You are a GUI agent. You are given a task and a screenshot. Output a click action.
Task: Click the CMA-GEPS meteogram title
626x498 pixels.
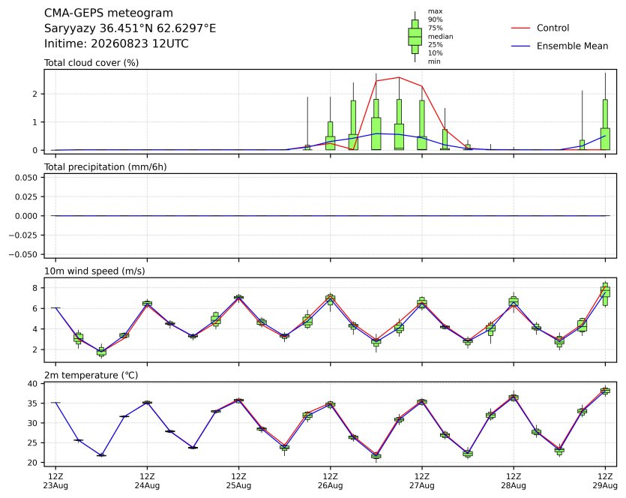(109, 13)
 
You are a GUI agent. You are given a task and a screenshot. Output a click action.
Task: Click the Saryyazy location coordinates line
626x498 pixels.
(130, 28)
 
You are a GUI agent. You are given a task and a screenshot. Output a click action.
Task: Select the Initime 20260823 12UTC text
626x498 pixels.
(116, 43)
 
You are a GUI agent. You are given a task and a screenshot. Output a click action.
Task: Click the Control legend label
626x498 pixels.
(553, 28)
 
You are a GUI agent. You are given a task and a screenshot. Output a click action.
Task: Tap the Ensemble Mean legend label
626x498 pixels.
(572, 46)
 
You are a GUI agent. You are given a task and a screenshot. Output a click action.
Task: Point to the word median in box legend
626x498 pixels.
(440, 36)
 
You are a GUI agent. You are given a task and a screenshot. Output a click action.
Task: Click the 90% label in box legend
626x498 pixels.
(435, 19)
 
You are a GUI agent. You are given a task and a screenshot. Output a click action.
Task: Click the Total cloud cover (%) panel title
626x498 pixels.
(91, 63)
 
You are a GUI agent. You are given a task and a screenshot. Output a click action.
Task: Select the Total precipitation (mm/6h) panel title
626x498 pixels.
(105, 167)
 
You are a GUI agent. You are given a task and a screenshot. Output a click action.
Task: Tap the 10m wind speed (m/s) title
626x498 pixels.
(94, 271)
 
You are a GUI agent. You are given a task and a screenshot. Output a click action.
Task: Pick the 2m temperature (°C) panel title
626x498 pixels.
(91, 376)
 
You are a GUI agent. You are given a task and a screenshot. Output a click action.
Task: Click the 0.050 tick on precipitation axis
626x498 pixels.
(26, 178)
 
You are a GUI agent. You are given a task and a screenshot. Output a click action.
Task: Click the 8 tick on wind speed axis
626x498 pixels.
(35, 288)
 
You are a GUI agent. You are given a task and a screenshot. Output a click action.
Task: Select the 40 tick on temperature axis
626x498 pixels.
(33, 384)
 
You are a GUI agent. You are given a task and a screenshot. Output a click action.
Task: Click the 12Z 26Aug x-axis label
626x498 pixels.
(330, 481)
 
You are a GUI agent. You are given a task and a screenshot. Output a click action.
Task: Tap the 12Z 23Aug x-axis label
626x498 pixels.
(55, 481)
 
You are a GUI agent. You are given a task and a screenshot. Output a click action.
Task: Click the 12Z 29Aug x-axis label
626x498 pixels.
(605, 481)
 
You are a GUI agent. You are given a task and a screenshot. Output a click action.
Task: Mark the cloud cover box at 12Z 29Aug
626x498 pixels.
(605, 124)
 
